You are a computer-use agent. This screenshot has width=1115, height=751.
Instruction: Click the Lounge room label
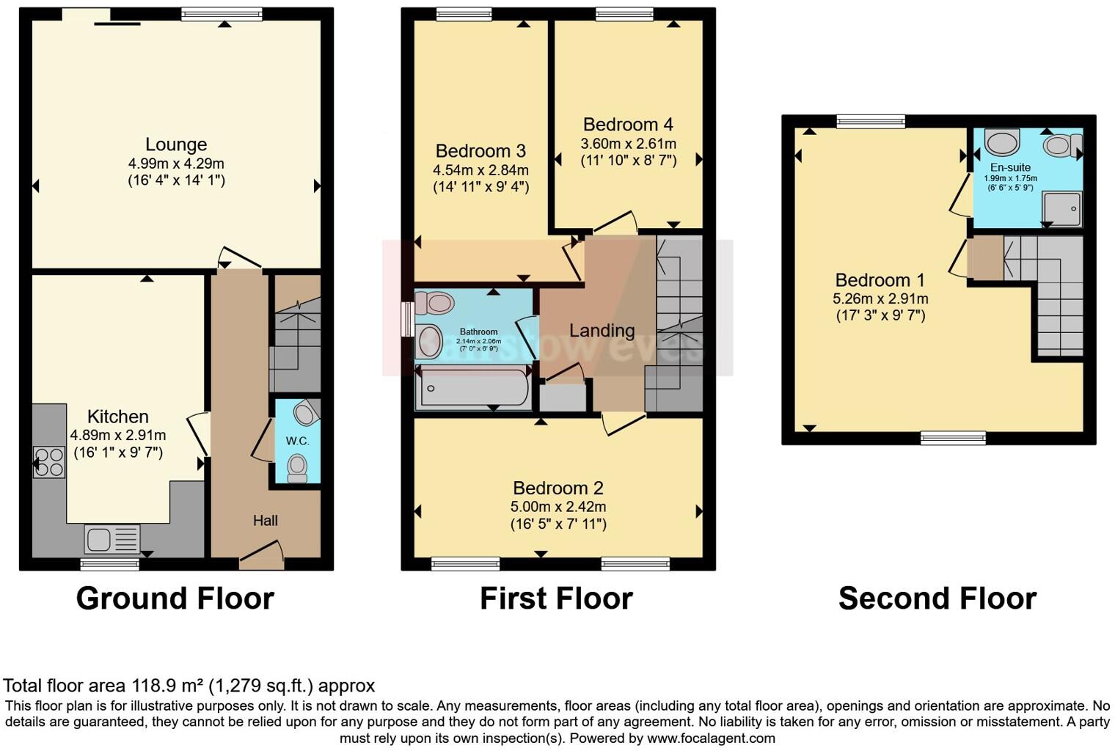pos(176,144)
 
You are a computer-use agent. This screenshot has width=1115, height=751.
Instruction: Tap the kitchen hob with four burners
pos(49,462)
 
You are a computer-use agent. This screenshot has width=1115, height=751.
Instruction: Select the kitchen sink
pos(111,540)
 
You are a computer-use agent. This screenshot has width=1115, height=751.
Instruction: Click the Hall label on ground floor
pos(265,521)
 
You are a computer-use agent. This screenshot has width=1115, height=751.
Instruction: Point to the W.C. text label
pos(297,441)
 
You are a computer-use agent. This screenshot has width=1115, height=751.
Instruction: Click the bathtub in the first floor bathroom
pos(473,389)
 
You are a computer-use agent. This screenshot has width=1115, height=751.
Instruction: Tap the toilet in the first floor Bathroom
pos(435,302)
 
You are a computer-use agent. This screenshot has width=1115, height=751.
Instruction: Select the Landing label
pos(602,331)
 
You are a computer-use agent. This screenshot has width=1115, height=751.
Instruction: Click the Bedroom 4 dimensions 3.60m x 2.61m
pos(628,144)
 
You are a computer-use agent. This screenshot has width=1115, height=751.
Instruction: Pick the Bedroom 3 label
pos(480,151)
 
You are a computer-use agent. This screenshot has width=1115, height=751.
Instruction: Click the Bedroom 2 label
pos(558,488)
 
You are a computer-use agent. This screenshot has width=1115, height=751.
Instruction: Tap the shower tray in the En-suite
pos(1063,208)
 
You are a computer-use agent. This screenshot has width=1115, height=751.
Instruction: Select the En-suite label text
pos(1010,167)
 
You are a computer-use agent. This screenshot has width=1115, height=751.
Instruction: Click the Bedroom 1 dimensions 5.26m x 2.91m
pos(880,298)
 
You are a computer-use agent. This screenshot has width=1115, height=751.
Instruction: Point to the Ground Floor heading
pos(175,598)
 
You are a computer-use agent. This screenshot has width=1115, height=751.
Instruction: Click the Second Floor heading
pos(937,598)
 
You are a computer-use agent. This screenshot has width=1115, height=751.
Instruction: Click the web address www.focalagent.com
pos(711,739)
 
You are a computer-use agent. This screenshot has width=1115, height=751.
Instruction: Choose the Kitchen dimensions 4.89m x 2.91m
pos(118,435)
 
